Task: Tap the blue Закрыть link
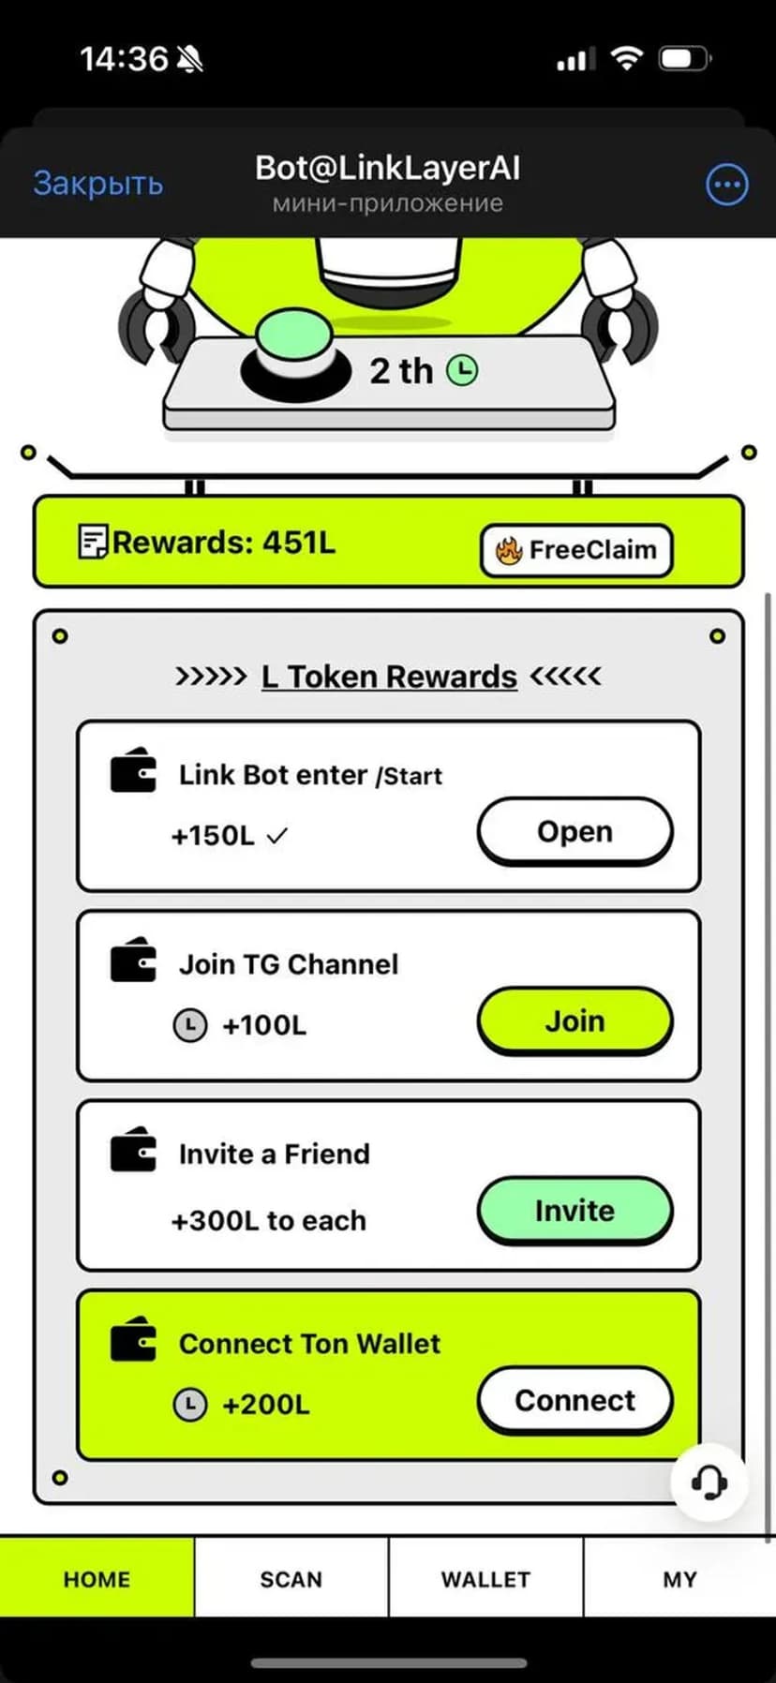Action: click(98, 183)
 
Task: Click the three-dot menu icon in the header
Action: click(726, 185)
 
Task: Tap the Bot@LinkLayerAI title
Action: click(387, 169)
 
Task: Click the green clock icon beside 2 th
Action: click(461, 370)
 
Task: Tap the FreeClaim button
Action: click(576, 550)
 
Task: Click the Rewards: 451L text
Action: click(223, 543)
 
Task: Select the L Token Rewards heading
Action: click(389, 677)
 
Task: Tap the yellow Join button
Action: click(575, 1020)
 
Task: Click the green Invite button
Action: click(575, 1211)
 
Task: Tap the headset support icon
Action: click(709, 1482)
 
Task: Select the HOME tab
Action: click(97, 1580)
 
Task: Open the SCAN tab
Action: click(291, 1580)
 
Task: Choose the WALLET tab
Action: click(485, 1580)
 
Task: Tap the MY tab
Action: click(679, 1580)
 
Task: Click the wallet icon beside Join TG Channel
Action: click(133, 960)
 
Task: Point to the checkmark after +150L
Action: click(276, 836)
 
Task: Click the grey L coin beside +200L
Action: click(190, 1404)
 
